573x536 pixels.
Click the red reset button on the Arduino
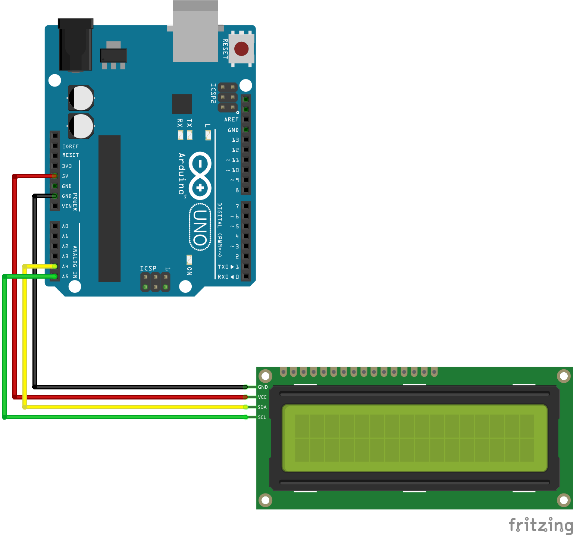pos(241,48)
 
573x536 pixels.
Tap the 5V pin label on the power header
pos(65,176)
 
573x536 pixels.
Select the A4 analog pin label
pos(65,266)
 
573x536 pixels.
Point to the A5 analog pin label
pos(65,276)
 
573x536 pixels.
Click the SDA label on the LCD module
pos(262,407)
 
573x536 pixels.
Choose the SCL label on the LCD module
pos(262,417)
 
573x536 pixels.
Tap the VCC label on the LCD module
pos(262,397)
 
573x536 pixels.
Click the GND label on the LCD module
pos(263,387)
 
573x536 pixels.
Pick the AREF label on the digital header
pos(231,119)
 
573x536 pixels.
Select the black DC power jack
pos(75,45)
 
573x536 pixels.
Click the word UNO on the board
pos(200,227)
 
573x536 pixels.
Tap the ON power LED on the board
pos(189,260)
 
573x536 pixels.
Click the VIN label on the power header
pos(67,206)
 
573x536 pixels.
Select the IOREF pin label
pos(71,147)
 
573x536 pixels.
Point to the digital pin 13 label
pos(235,140)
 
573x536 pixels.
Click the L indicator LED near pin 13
pos(208,135)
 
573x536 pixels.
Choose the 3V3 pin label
pos(67,166)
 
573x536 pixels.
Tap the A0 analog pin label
pos(65,226)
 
